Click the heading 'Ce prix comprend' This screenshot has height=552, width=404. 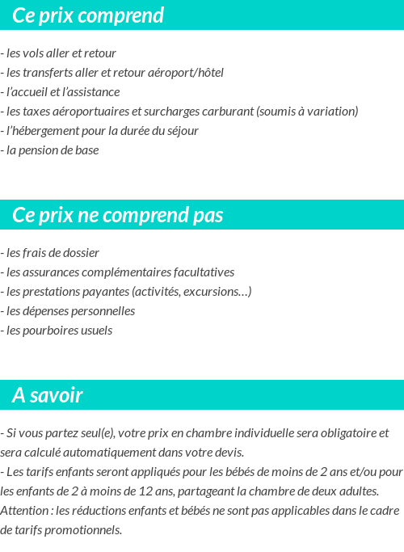click(88, 15)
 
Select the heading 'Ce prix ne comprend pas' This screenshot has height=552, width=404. click(118, 216)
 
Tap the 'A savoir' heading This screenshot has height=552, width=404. click(48, 396)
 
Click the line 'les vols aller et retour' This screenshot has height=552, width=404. click(61, 53)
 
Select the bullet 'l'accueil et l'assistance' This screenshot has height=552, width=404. click(62, 92)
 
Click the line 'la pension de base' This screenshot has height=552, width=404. click(52, 150)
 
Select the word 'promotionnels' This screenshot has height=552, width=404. click(85, 530)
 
